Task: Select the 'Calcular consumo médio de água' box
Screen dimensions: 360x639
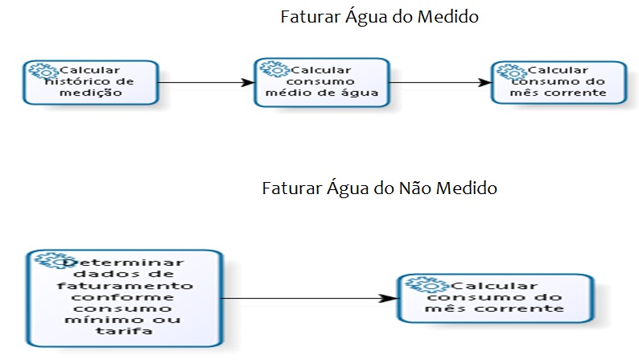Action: tap(322, 81)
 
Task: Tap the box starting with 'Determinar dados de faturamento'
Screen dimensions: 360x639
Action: tap(125, 298)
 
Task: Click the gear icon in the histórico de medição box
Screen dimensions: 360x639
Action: tap(39, 69)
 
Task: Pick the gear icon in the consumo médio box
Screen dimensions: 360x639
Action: tap(268, 69)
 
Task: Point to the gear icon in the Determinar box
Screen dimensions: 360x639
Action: tap(47, 262)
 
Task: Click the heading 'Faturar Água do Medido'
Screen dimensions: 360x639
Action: tap(380, 17)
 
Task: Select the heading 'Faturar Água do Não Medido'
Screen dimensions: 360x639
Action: tap(380, 189)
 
